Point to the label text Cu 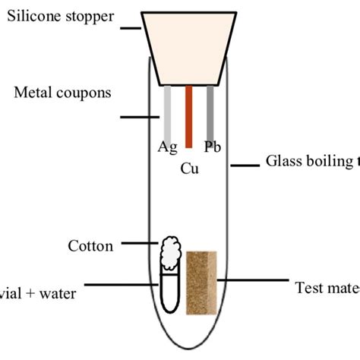point(189,168)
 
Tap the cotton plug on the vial point(171,251)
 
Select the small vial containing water point(169,292)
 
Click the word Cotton point(90,245)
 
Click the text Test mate point(326,288)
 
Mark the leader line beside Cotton point(139,244)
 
